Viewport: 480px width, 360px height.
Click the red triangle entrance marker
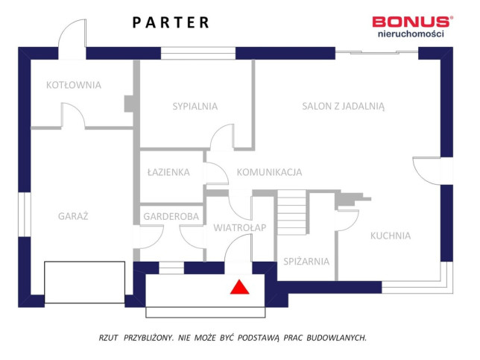(x=240, y=287)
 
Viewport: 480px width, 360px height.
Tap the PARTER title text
(x=171, y=22)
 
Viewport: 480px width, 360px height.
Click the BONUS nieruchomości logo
(x=412, y=27)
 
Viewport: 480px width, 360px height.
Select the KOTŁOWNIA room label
(x=74, y=85)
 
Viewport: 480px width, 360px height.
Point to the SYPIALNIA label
(x=195, y=107)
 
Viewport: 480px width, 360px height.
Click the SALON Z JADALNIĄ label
(x=343, y=107)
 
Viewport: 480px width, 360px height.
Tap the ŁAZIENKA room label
(x=168, y=172)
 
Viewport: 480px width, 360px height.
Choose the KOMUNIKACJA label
(x=269, y=172)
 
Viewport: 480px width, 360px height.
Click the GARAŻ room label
(x=73, y=216)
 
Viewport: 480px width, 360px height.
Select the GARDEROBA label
(x=171, y=216)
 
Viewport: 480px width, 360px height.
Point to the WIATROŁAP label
(x=240, y=227)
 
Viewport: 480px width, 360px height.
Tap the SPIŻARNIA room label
(x=306, y=261)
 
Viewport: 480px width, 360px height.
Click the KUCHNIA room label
(x=391, y=236)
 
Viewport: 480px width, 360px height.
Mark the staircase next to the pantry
(x=291, y=212)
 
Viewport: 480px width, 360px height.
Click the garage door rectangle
(x=84, y=282)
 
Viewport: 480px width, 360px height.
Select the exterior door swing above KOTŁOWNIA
(x=72, y=39)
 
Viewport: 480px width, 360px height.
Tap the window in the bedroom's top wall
(x=198, y=53)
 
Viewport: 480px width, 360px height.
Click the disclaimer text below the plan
(x=233, y=338)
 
